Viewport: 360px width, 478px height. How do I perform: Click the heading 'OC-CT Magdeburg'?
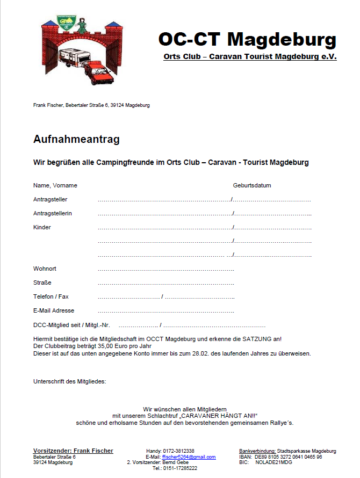tap(247, 39)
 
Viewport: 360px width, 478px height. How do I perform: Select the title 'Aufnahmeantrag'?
tap(76, 140)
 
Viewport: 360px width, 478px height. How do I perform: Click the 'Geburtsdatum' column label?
tap(252, 186)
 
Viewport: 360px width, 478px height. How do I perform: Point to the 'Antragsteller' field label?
tap(50, 200)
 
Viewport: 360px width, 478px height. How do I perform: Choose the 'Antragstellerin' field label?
tap(53, 214)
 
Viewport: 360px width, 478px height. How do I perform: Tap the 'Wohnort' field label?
tap(45, 269)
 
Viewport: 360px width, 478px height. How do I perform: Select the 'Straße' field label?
tap(42, 283)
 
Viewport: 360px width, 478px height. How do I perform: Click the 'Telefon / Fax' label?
tap(51, 297)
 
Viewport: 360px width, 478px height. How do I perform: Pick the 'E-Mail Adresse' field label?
tap(54, 311)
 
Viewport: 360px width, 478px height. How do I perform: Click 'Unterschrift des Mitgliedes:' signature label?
tap(70, 382)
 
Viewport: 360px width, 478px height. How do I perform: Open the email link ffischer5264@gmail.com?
tap(189, 457)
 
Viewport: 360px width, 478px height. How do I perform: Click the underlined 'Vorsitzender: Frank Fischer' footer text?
tap(73, 451)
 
